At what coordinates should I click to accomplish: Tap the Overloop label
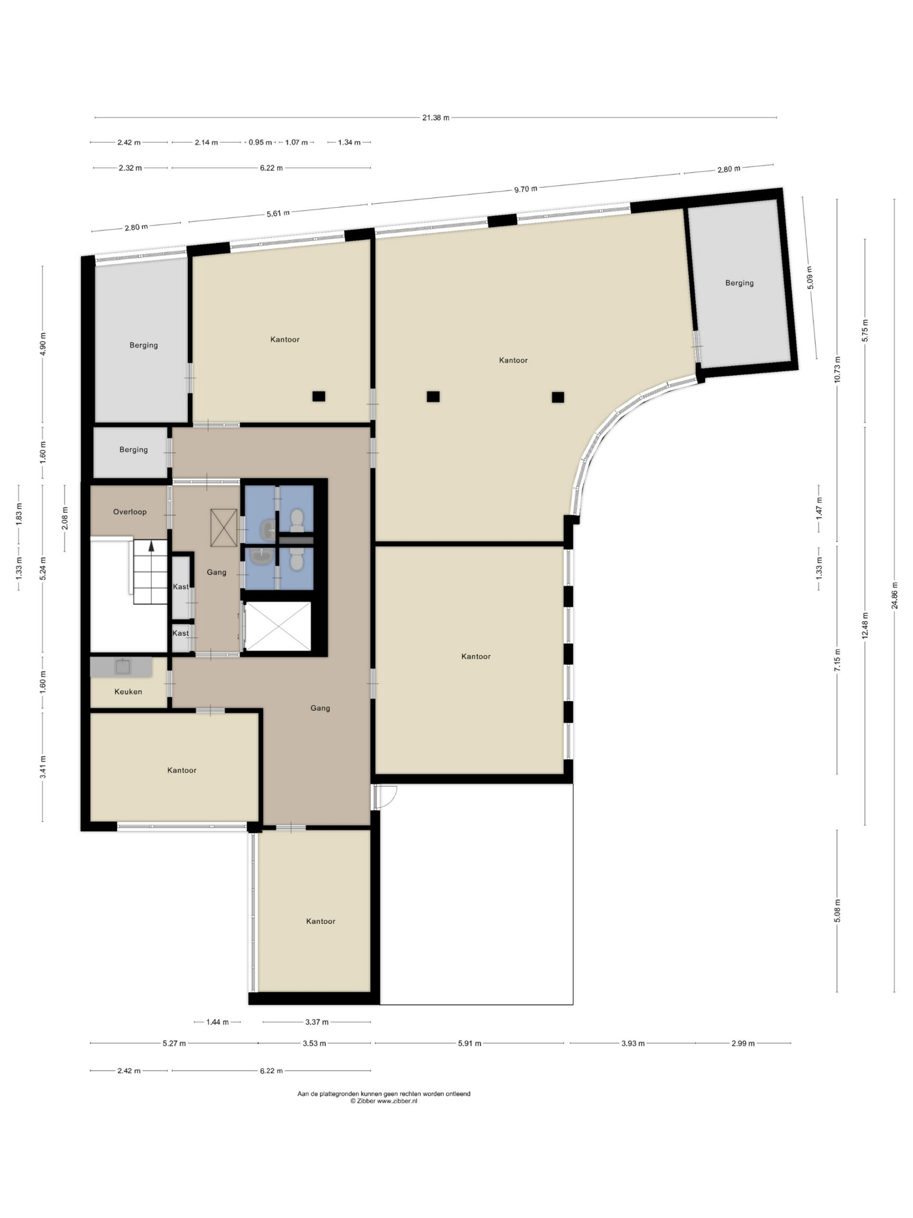(x=130, y=511)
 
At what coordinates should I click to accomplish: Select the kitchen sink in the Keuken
(x=122, y=667)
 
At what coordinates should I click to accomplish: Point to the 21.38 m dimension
(x=435, y=118)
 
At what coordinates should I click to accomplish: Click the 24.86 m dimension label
(x=894, y=595)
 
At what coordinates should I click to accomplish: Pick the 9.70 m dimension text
(x=525, y=189)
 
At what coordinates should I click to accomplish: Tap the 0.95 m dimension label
(x=260, y=142)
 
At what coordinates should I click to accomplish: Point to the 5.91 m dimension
(x=469, y=1043)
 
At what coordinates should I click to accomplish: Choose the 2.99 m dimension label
(x=743, y=1043)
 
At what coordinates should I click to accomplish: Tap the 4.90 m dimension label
(x=43, y=344)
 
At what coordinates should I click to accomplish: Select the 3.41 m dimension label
(x=42, y=766)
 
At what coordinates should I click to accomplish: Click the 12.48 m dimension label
(x=864, y=626)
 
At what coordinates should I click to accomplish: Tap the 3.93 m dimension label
(x=632, y=1043)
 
